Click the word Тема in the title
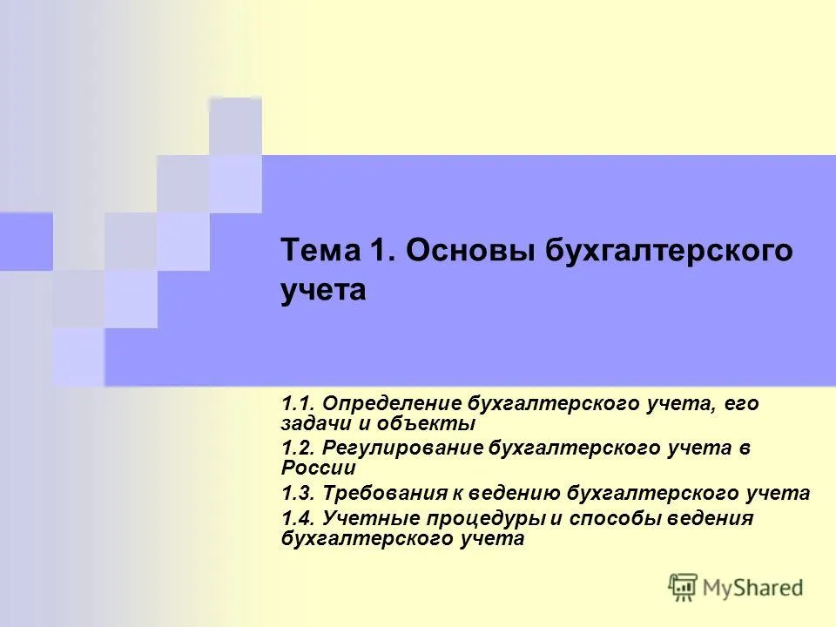[320, 250]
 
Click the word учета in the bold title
[323, 291]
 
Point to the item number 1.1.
[297, 403]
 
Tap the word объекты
[426, 424]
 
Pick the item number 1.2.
[297, 448]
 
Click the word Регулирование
[402, 448]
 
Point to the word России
[319, 468]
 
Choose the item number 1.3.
[297, 493]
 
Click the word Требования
[385, 493]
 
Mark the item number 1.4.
[297, 518]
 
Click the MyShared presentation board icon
[683, 588]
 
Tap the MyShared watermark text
[752, 588]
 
